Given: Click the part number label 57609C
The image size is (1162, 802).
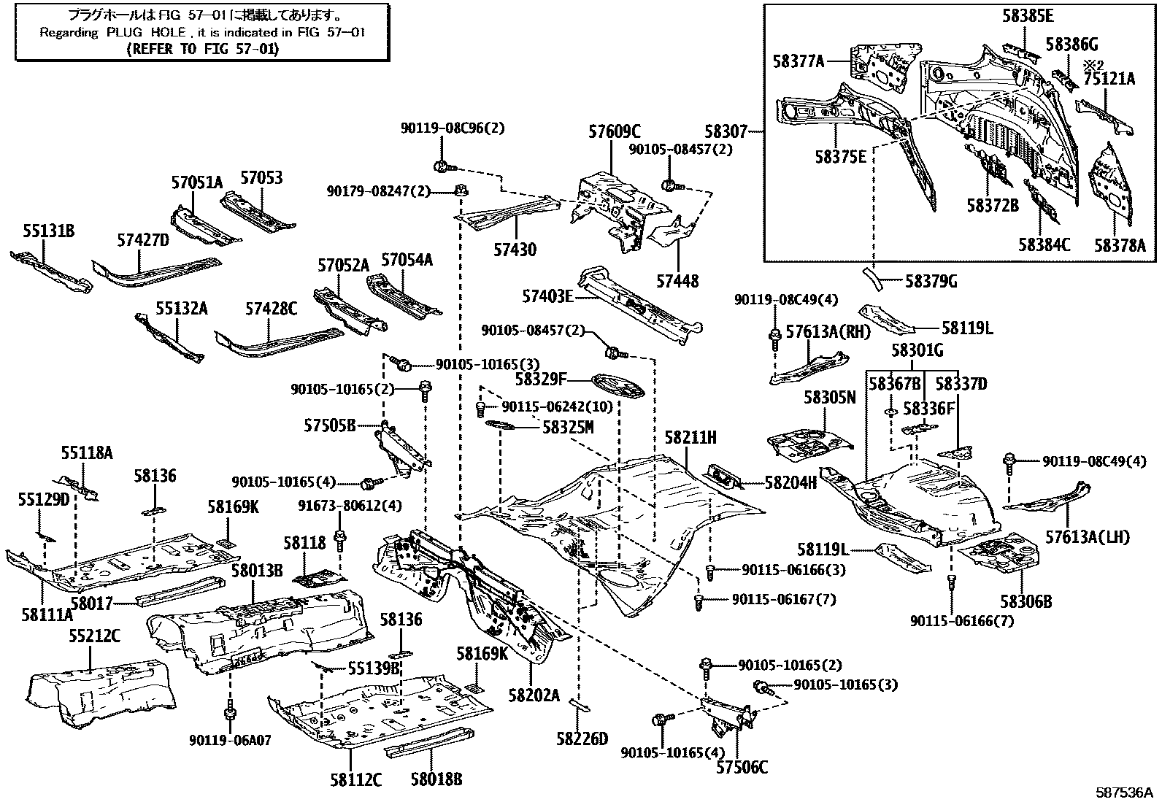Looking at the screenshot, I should coord(614,132).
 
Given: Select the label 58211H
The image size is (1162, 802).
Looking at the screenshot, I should coord(690,438).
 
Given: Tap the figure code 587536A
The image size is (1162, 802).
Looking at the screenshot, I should coord(1123,793).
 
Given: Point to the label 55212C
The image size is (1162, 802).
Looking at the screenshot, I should coord(94,636).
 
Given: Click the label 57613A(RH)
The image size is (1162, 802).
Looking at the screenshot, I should coord(828,332).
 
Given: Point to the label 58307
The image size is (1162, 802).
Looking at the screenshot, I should coord(726,132).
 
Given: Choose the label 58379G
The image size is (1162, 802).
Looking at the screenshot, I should coord(931,281).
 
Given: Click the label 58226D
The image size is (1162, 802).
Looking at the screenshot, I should coord(581,739).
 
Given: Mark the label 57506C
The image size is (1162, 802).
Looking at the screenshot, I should coord(742,767).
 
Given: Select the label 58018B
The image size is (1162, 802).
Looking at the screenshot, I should coord(436,780).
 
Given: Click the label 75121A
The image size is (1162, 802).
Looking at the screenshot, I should coord(1109,79).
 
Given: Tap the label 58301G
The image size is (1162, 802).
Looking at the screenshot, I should coord(916,351).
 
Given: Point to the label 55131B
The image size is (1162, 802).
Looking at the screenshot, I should coord(48,232).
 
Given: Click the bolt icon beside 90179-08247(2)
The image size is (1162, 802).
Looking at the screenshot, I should coord(460,191).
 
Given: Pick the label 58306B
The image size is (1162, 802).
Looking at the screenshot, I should coord(1026,601).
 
